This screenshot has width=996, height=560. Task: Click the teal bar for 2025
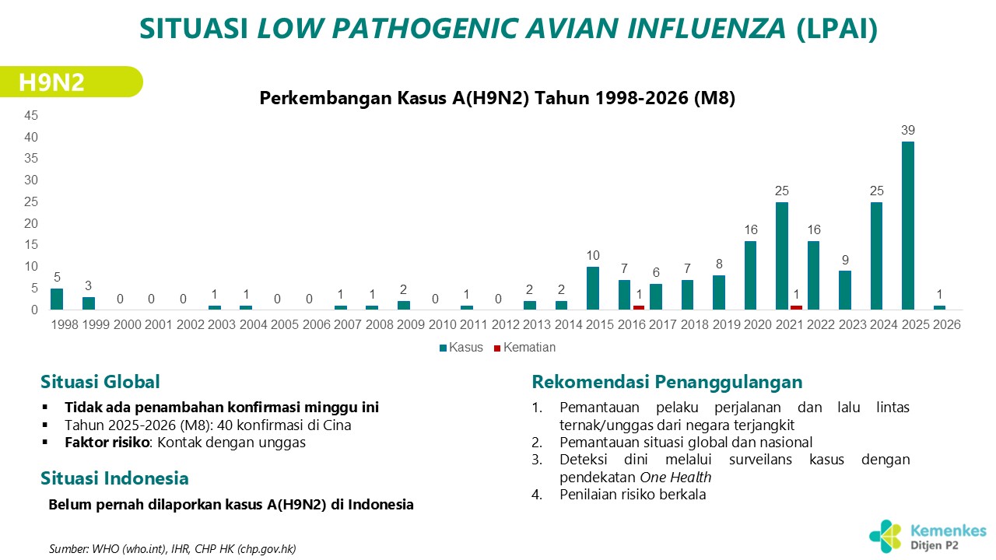coord(908,226)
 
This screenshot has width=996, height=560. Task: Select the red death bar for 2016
coord(639,307)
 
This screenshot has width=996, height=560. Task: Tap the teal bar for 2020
coord(751,275)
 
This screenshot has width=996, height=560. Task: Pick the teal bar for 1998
coord(57,299)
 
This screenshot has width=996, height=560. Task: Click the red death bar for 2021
coord(796,307)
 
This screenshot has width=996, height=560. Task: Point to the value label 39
coord(908,131)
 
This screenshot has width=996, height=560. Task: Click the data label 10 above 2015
coord(594,256)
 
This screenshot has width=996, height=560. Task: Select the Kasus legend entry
coord(461,348)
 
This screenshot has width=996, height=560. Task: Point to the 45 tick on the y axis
coord(31,115)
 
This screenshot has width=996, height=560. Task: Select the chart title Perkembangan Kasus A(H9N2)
coord(496,99)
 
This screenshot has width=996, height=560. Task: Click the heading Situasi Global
coord(100,382)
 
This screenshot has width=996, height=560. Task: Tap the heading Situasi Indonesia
coord(114,478)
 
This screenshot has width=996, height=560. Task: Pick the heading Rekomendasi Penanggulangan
coord(667,382)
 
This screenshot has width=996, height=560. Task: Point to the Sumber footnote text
coord(172,548)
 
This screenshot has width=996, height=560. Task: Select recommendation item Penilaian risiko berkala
coord(633,495)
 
